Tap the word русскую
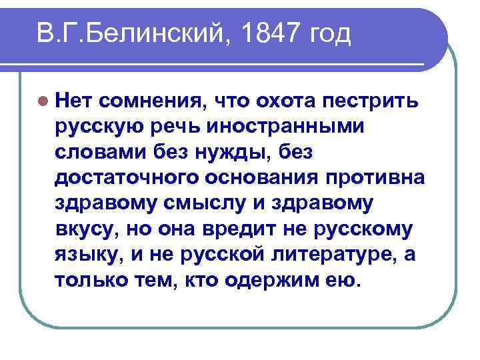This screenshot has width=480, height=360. (x=101, y=127)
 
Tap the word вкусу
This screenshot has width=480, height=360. (x=84, y=229)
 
